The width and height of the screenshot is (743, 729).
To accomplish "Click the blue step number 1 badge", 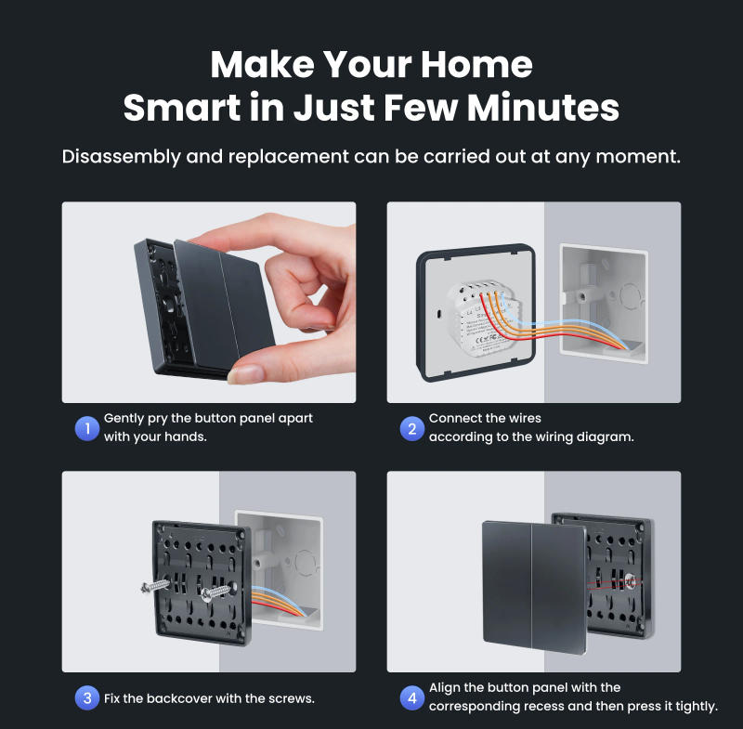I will click(x=86, y=428).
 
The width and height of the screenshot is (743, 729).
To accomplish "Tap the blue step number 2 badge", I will click(x=411, y=428).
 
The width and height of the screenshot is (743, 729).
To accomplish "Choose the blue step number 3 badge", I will click(x=86, y=697).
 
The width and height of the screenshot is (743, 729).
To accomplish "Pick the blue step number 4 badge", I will click(x=411, y=697).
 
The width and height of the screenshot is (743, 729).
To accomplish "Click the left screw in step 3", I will click(x=158, y=587).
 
